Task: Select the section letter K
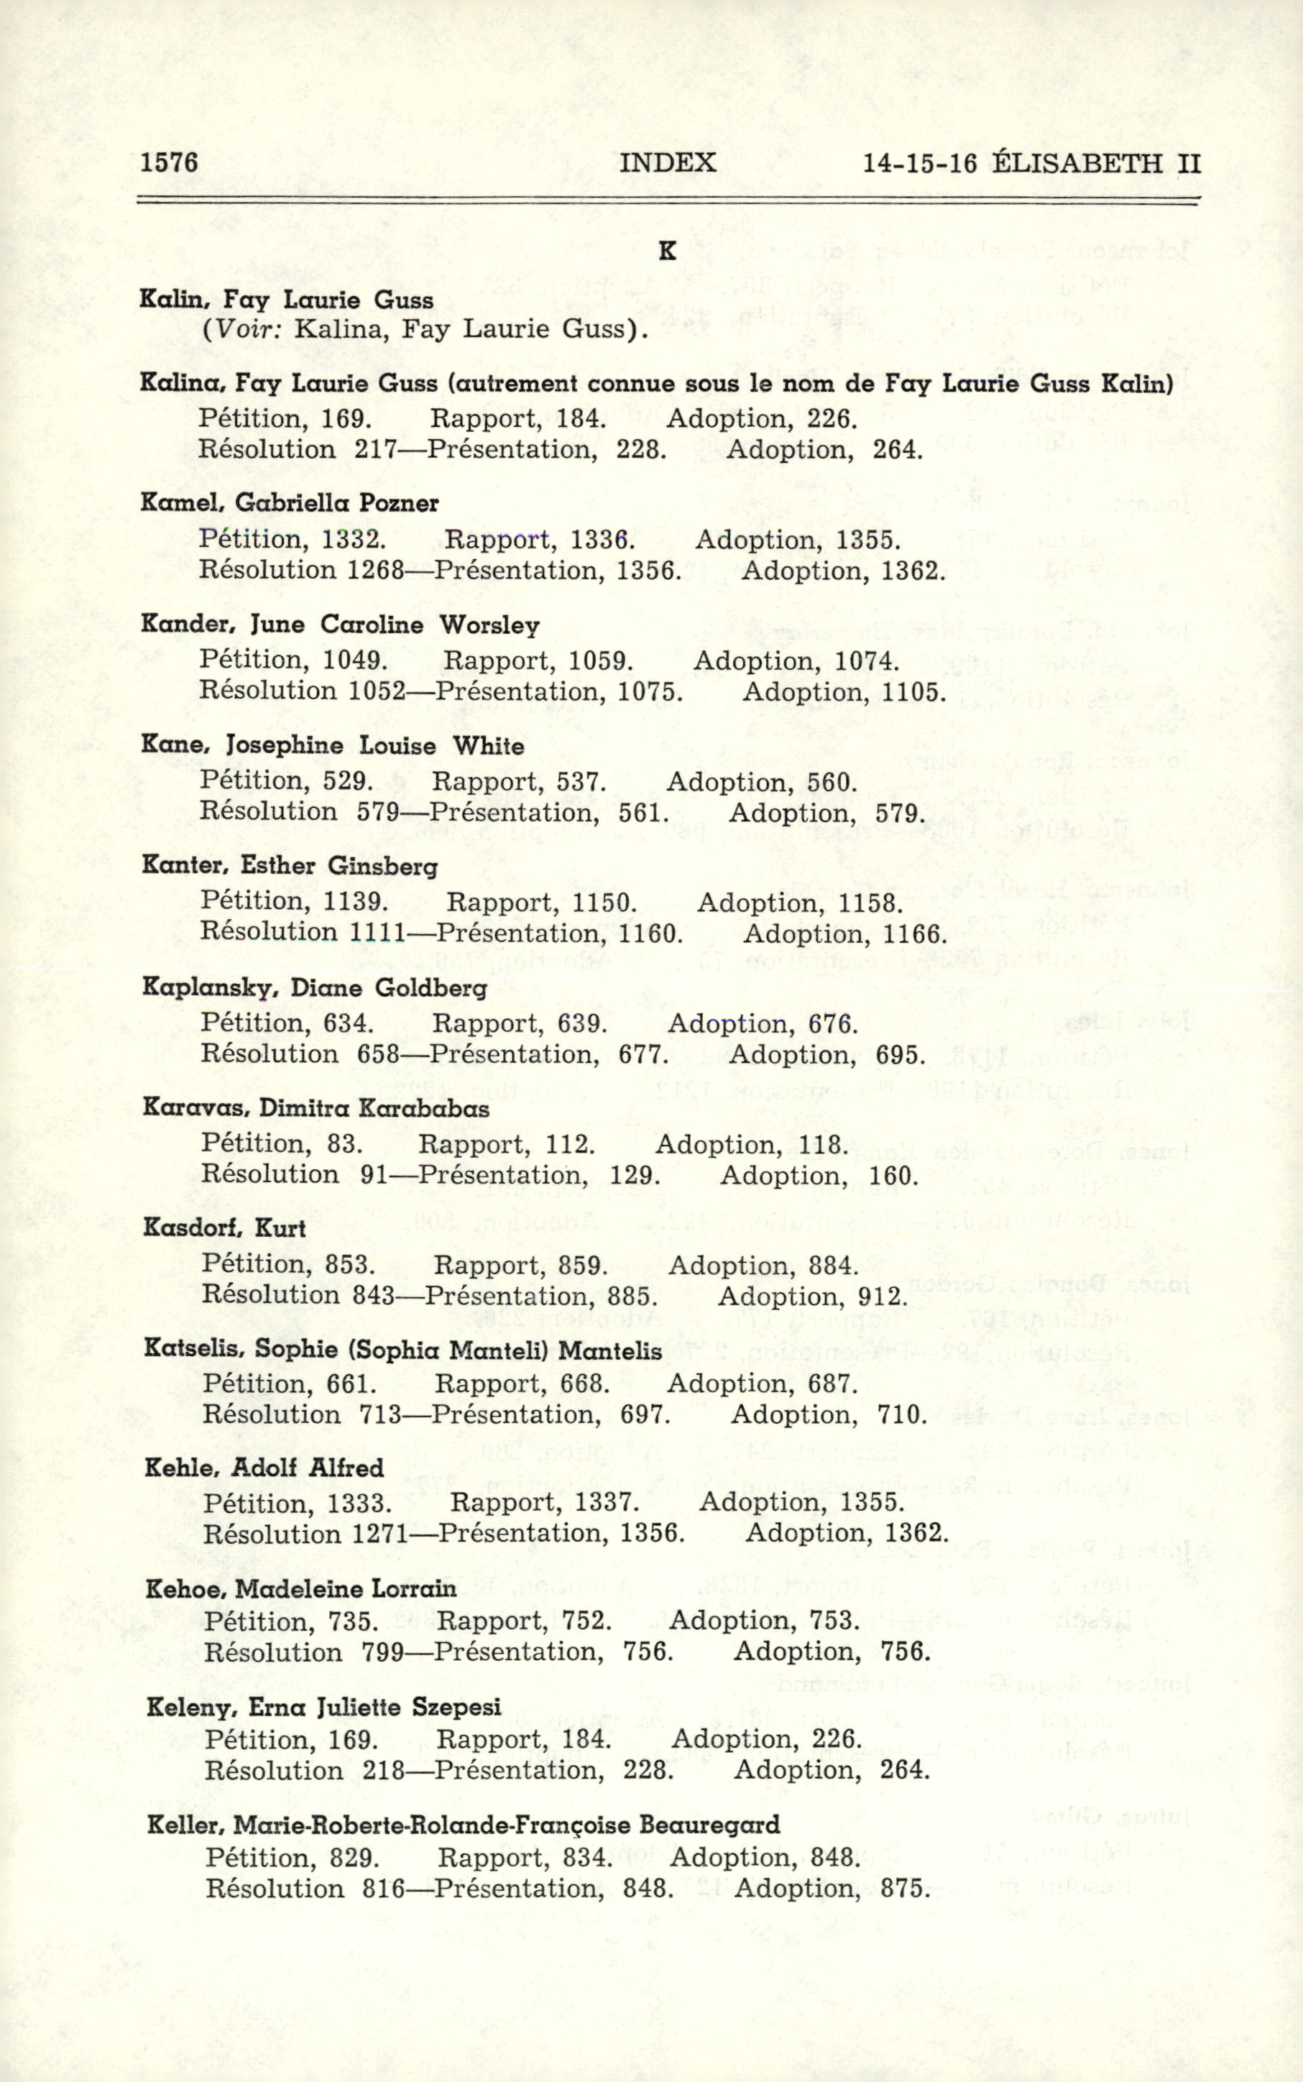click(x=666, y=252)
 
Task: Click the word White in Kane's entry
click(x=489, y=745)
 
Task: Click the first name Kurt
click(x=280, y=1228)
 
